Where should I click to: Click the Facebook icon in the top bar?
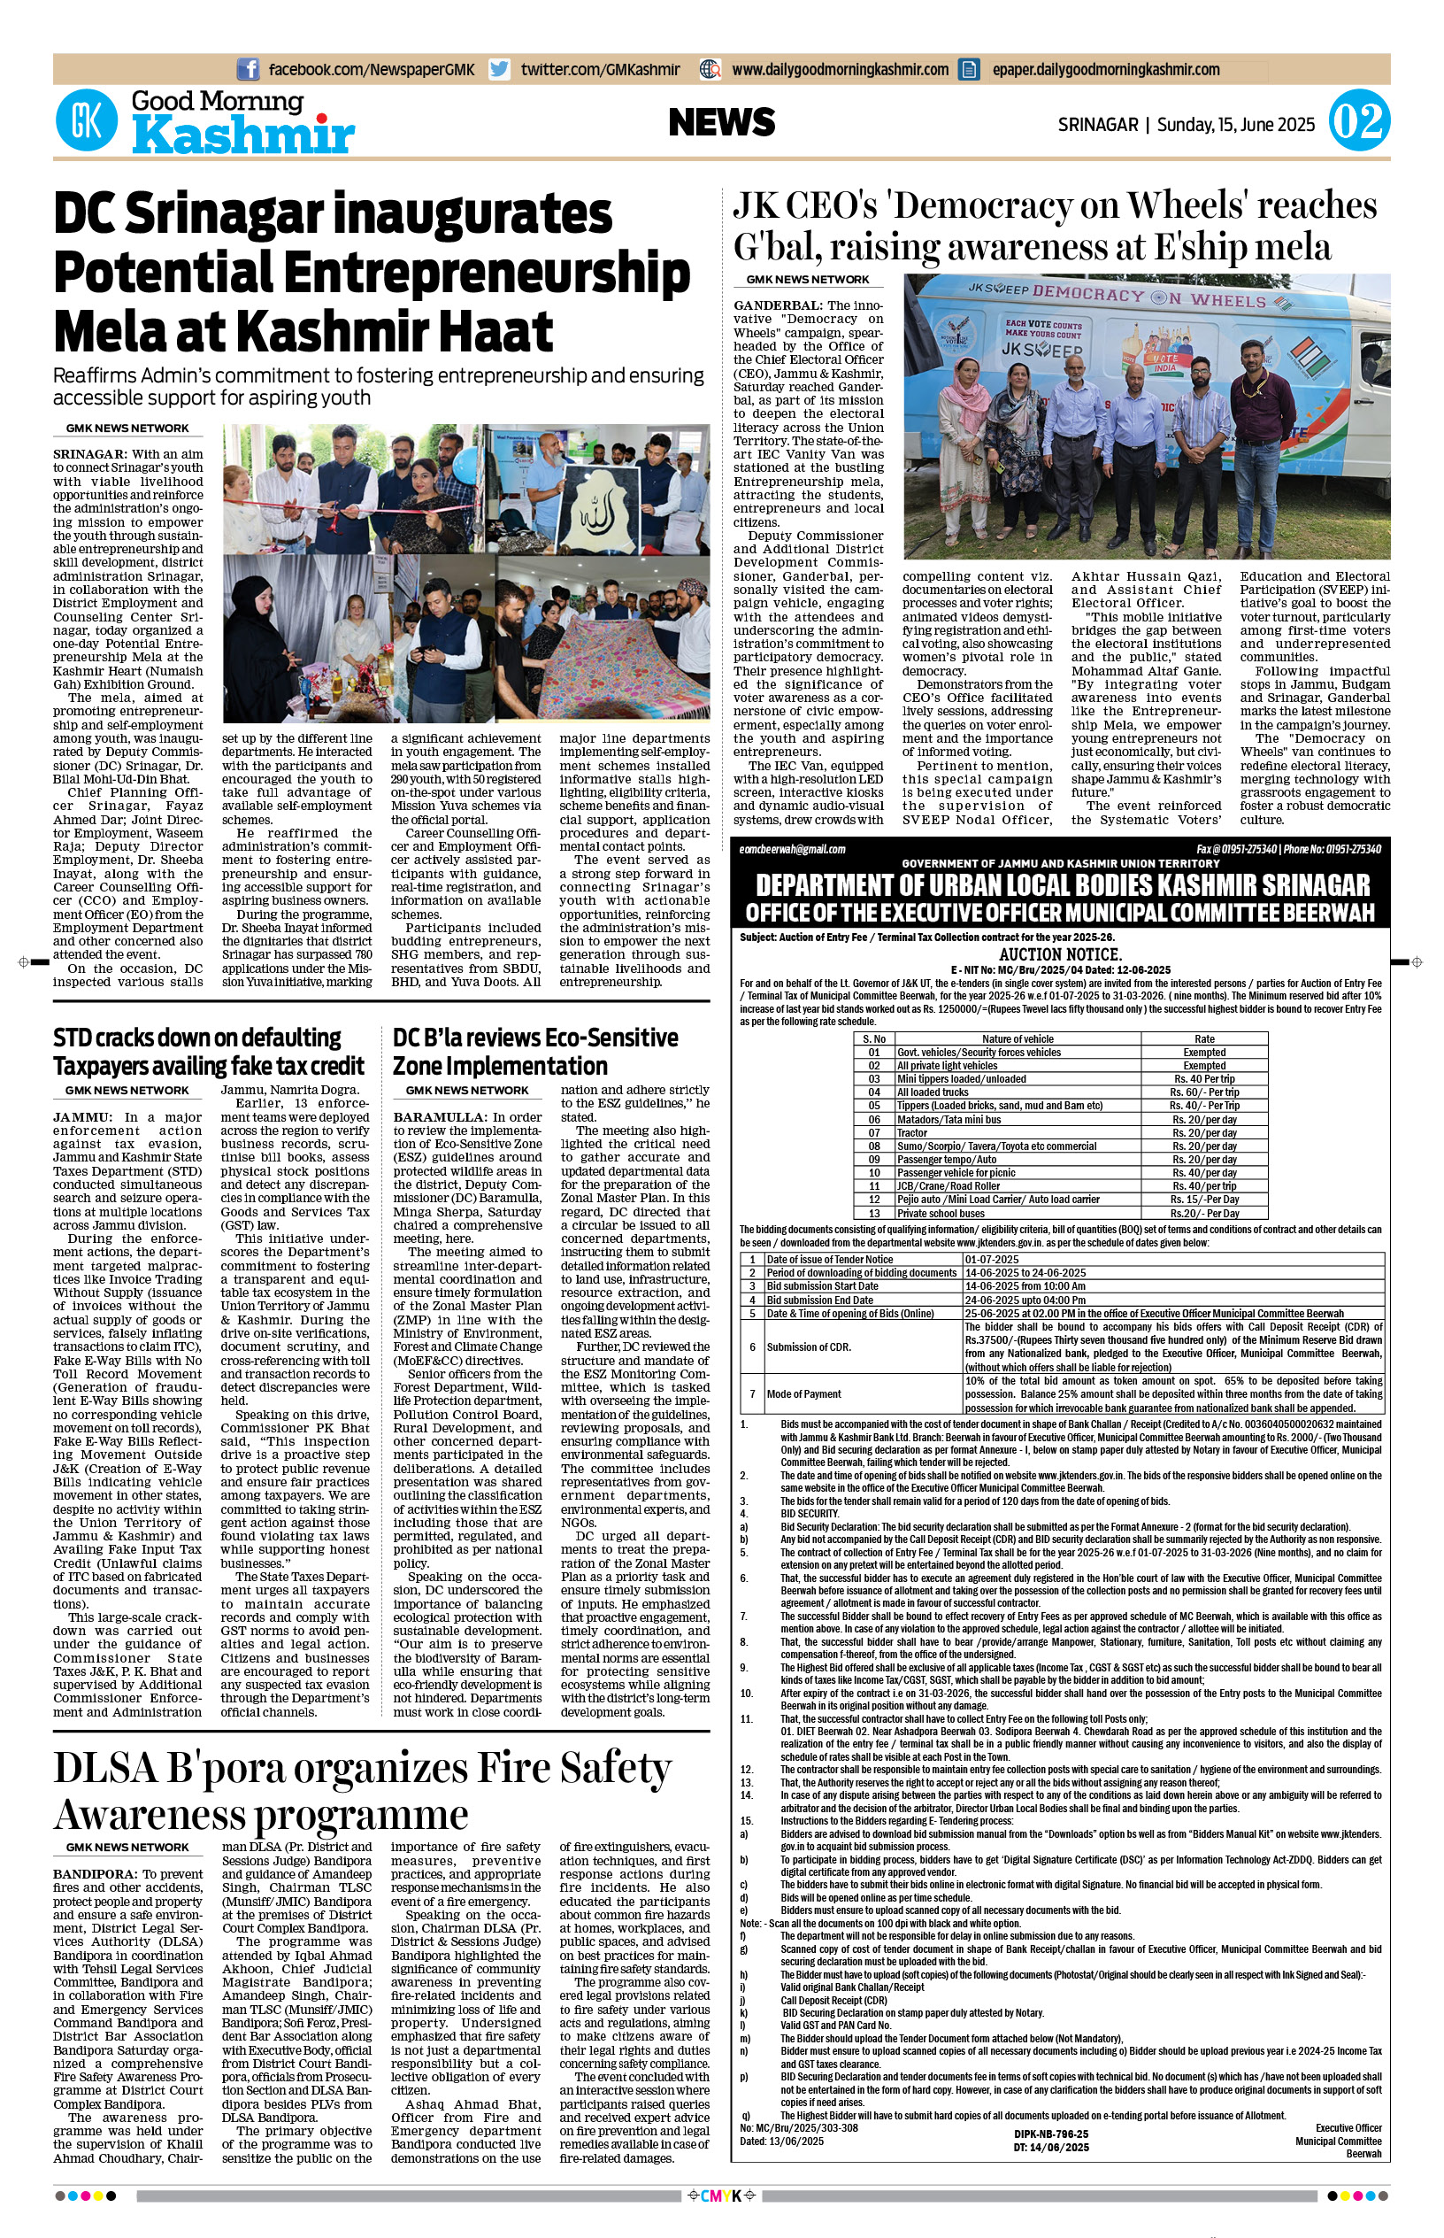tap(248, 69)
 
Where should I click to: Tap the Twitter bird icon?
tap(500, 69)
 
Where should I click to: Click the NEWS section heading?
tap(721, 122)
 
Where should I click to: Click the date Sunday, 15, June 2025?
tap(1235, 125)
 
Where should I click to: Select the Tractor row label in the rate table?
tap(911, 1133)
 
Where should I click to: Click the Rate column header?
tap(1204, 1038)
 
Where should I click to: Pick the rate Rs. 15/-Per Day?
tap(1204, 1200)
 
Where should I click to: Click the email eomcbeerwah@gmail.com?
tap(792, 849)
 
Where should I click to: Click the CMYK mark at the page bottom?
tap(721, 2196)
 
